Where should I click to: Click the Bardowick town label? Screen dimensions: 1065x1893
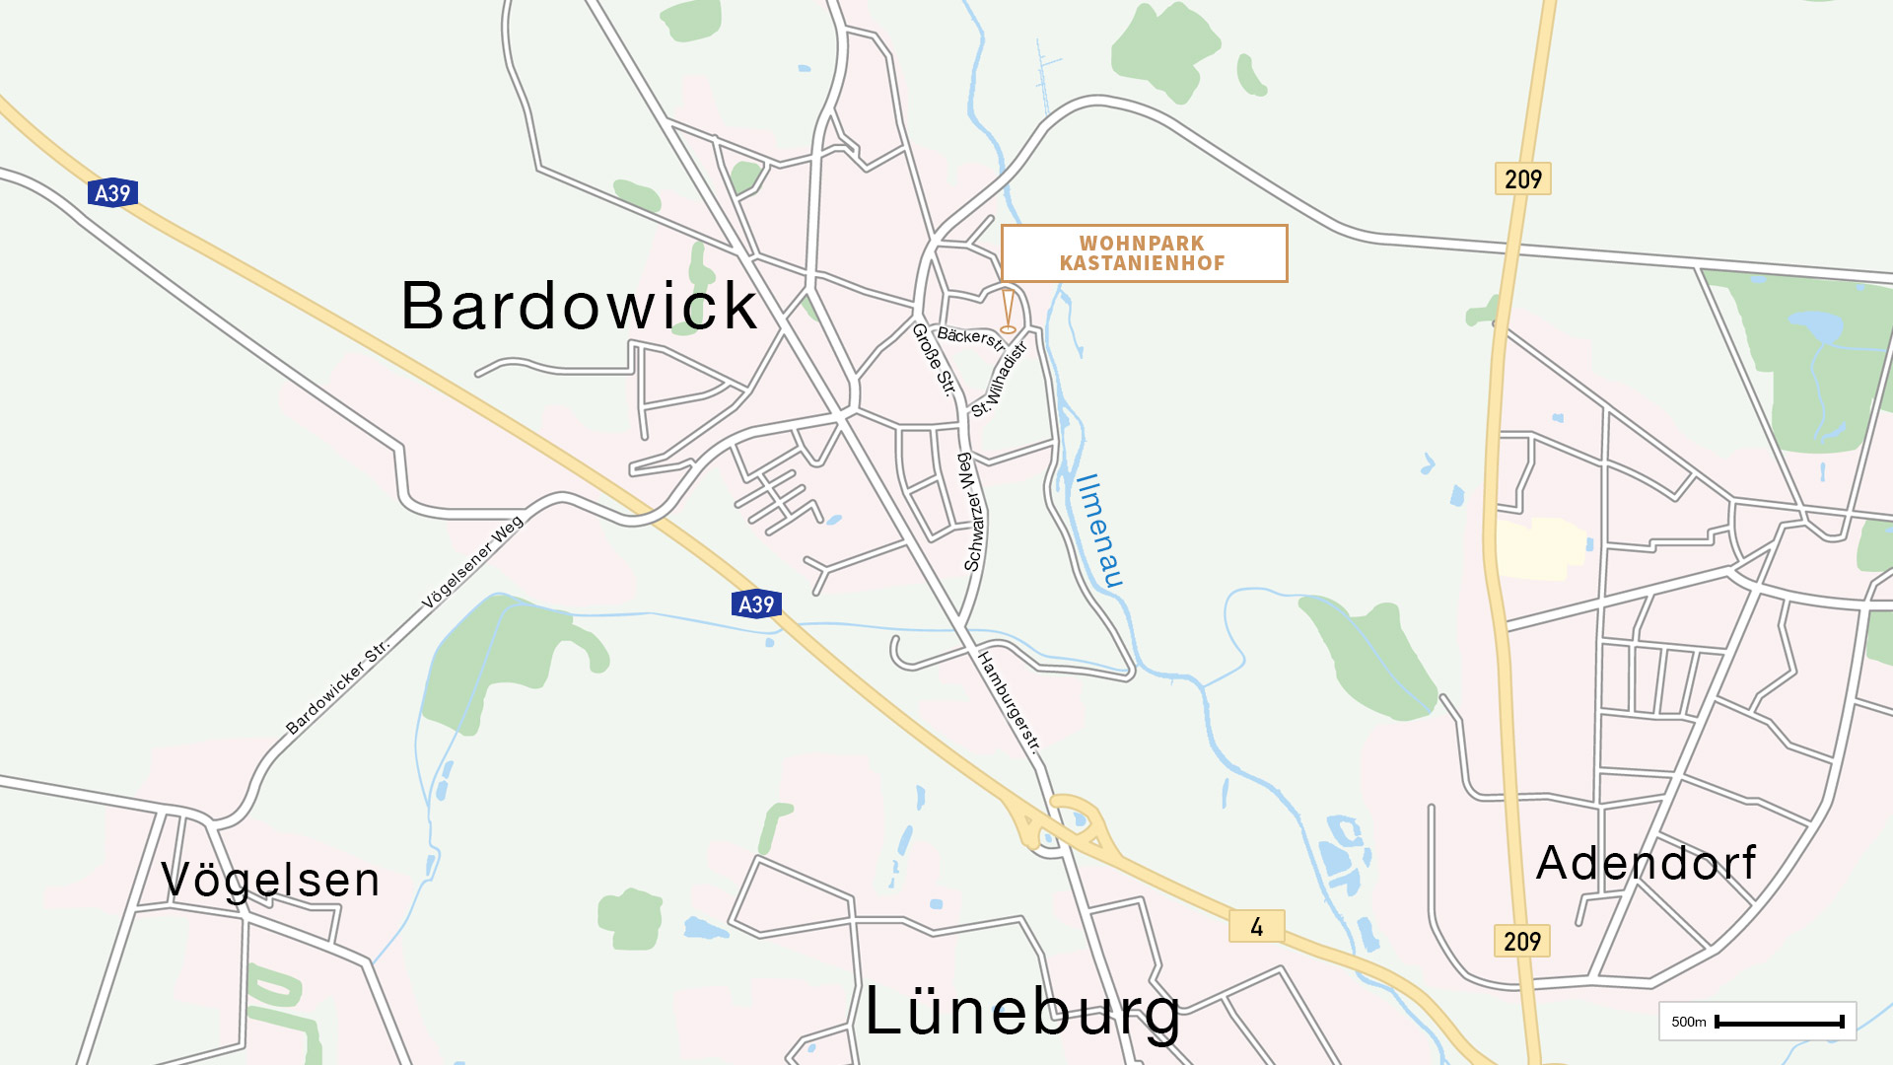[579, 306]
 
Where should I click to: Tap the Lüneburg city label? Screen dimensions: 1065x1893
[1022, 1013]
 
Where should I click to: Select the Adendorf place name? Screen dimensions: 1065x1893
[1646, 864]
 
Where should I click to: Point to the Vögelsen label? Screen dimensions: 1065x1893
[270, 880]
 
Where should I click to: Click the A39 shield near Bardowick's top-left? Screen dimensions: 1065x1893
[112, 193]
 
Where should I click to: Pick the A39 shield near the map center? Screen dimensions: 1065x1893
[756, 604]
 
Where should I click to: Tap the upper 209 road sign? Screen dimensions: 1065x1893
[1522, 179]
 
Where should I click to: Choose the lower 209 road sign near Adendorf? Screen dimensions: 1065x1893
[1522, 942]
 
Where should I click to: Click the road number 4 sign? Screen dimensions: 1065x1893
[1256, 927]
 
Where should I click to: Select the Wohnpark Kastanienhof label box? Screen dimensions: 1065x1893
[1144, 253]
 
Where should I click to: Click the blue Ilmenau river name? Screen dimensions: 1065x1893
[1099, 531]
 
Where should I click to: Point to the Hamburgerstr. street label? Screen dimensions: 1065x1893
[1009, 701]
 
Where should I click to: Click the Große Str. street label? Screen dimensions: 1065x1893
[934, 360]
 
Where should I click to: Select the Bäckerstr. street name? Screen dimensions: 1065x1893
[970, 338]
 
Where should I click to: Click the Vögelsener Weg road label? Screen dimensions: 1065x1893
[472, 563]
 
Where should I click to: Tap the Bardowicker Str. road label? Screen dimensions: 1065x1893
[337, 688]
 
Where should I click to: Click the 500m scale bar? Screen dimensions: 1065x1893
[1779, 1023]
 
